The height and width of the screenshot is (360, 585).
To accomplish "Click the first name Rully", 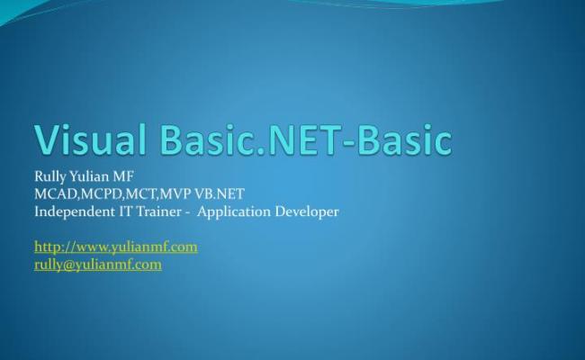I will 49,177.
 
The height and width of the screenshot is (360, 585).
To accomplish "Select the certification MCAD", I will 54,194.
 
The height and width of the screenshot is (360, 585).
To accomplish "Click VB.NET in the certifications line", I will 220,194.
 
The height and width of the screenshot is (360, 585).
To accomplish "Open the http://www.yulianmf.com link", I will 115,247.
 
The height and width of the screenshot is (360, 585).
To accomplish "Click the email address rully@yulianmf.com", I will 97,264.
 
